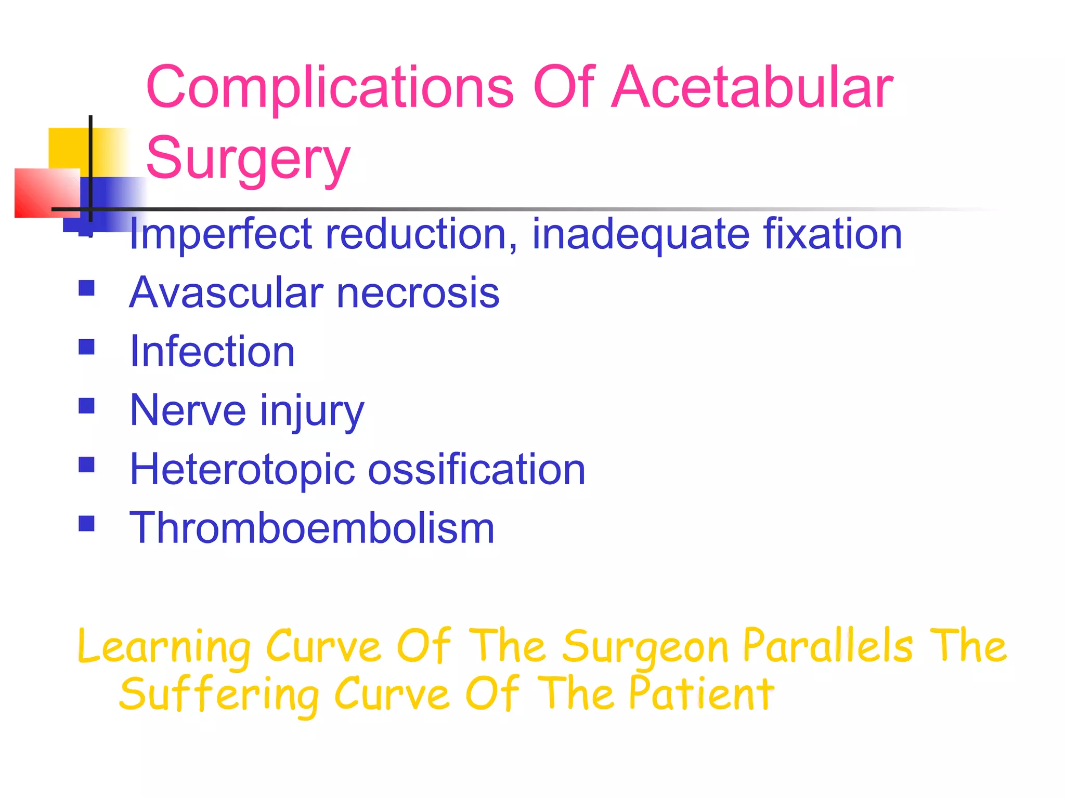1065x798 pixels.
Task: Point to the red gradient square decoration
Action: tap(47, 193)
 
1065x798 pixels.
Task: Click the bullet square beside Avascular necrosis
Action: tap(86, 288)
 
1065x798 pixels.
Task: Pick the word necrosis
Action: tap(418, 293)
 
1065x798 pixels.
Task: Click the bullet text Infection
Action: tap(212, 352)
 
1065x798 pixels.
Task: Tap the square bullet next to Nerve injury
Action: tap(86, 405)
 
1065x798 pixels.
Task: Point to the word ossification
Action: tap(477, 469)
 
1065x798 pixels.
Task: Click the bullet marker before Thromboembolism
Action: tap(86, 523)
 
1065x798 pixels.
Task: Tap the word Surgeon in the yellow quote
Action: tap(645, 647)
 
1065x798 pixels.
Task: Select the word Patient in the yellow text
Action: tap(702, 694)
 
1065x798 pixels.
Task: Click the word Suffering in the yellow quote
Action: tap(219, 695)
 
